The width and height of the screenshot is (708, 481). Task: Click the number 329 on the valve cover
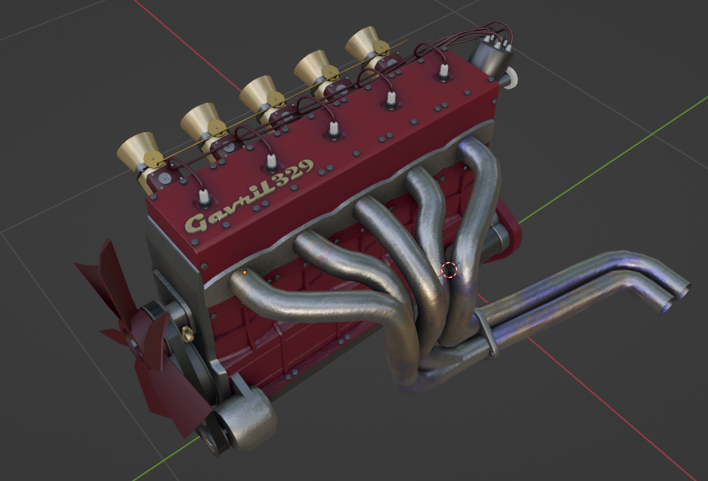[x=294, y=173]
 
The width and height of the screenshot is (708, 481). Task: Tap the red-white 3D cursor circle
[x=449, y=270]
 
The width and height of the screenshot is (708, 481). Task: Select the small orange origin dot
[x=245, y=273]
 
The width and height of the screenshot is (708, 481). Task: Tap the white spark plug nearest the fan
[x=204, y=196]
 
